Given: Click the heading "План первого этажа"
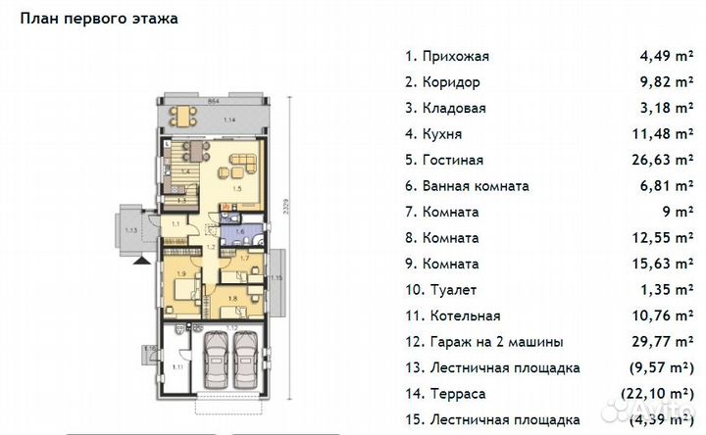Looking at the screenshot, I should [99, 18].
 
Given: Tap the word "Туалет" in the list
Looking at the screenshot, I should [453, 290].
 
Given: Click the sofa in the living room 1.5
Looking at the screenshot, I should [241, 160].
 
